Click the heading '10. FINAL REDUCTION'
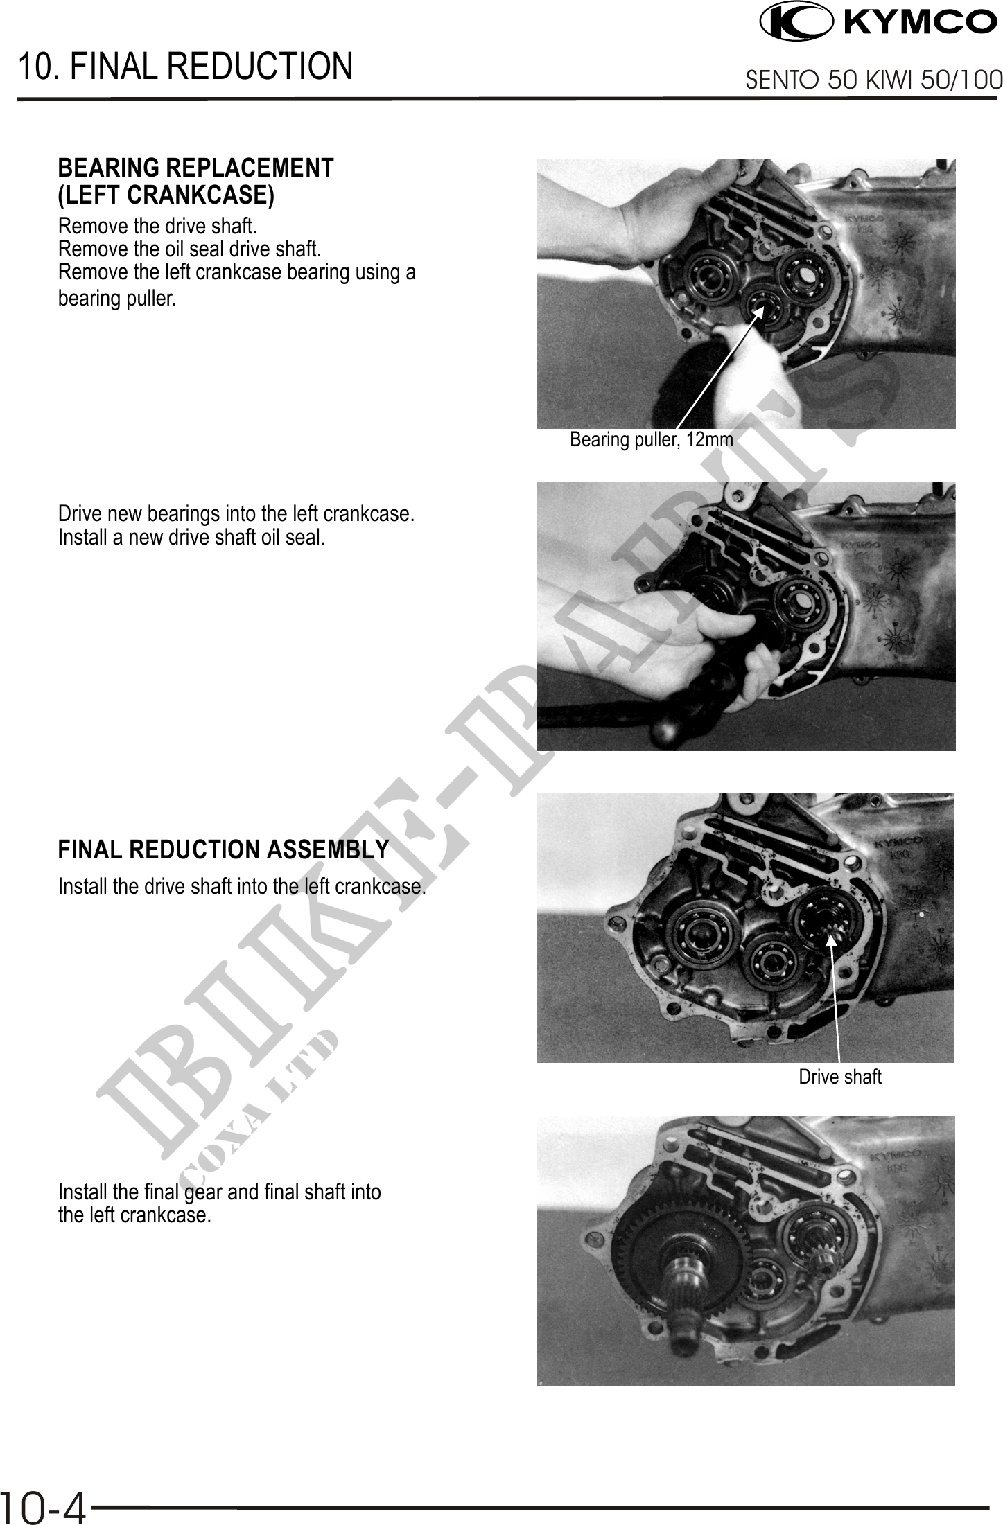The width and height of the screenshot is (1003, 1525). (x=185, y=66)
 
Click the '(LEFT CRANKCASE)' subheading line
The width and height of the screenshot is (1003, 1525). (x=166, y=195)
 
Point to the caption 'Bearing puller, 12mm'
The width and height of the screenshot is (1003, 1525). (x=651, y=439)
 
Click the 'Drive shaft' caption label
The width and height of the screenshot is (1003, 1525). (x=840, y=1077)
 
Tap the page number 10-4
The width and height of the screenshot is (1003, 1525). (x=43, y=1508)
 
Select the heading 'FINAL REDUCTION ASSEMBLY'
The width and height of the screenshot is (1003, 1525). (x=223, y=849)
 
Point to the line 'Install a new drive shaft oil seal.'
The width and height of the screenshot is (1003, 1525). (x=191, y=537)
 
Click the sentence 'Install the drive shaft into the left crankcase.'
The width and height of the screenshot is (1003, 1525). (x=242, y=886)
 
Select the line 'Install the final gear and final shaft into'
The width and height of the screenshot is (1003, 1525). (x=220, y=1192)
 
